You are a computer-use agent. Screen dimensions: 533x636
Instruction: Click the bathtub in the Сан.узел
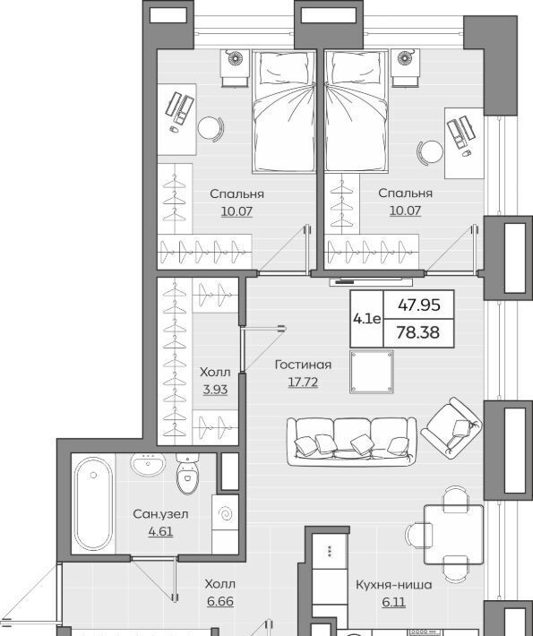tap(93, 503)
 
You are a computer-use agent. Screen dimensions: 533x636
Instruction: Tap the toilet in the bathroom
tap(187, 473)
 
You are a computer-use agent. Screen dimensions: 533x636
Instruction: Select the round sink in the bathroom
tap(148, 464)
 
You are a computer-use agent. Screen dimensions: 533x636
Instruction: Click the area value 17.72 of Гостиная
tap(303, 382)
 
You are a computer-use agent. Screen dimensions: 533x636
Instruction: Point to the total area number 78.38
tap(417, 332)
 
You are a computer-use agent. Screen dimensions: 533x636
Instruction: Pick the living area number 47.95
tap(418, 305)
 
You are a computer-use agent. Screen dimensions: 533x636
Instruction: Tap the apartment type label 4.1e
tap(366, 319)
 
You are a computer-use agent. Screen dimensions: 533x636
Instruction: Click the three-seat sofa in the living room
tap(351, 442)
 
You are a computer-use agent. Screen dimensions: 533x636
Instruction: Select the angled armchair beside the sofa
tap(451, 427)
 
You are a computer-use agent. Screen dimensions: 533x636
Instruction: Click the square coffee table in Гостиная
tap(372, 372)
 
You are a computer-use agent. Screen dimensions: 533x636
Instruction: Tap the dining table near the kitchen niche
tap(453, 535)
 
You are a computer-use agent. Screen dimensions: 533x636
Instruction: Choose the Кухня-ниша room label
tap(393, 585)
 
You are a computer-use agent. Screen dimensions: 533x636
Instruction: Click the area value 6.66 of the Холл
tap(220, 601)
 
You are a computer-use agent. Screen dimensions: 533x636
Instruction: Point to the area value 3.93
tap(215, 390)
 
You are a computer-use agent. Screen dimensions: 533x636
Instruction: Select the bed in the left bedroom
tap(284, 111)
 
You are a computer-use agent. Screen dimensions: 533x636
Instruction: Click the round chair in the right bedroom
tap(430, 152)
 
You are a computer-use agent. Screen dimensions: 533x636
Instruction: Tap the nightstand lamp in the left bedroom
tap(236, 58)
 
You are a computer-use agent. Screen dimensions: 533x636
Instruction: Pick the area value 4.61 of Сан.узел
tap(160, 531)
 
